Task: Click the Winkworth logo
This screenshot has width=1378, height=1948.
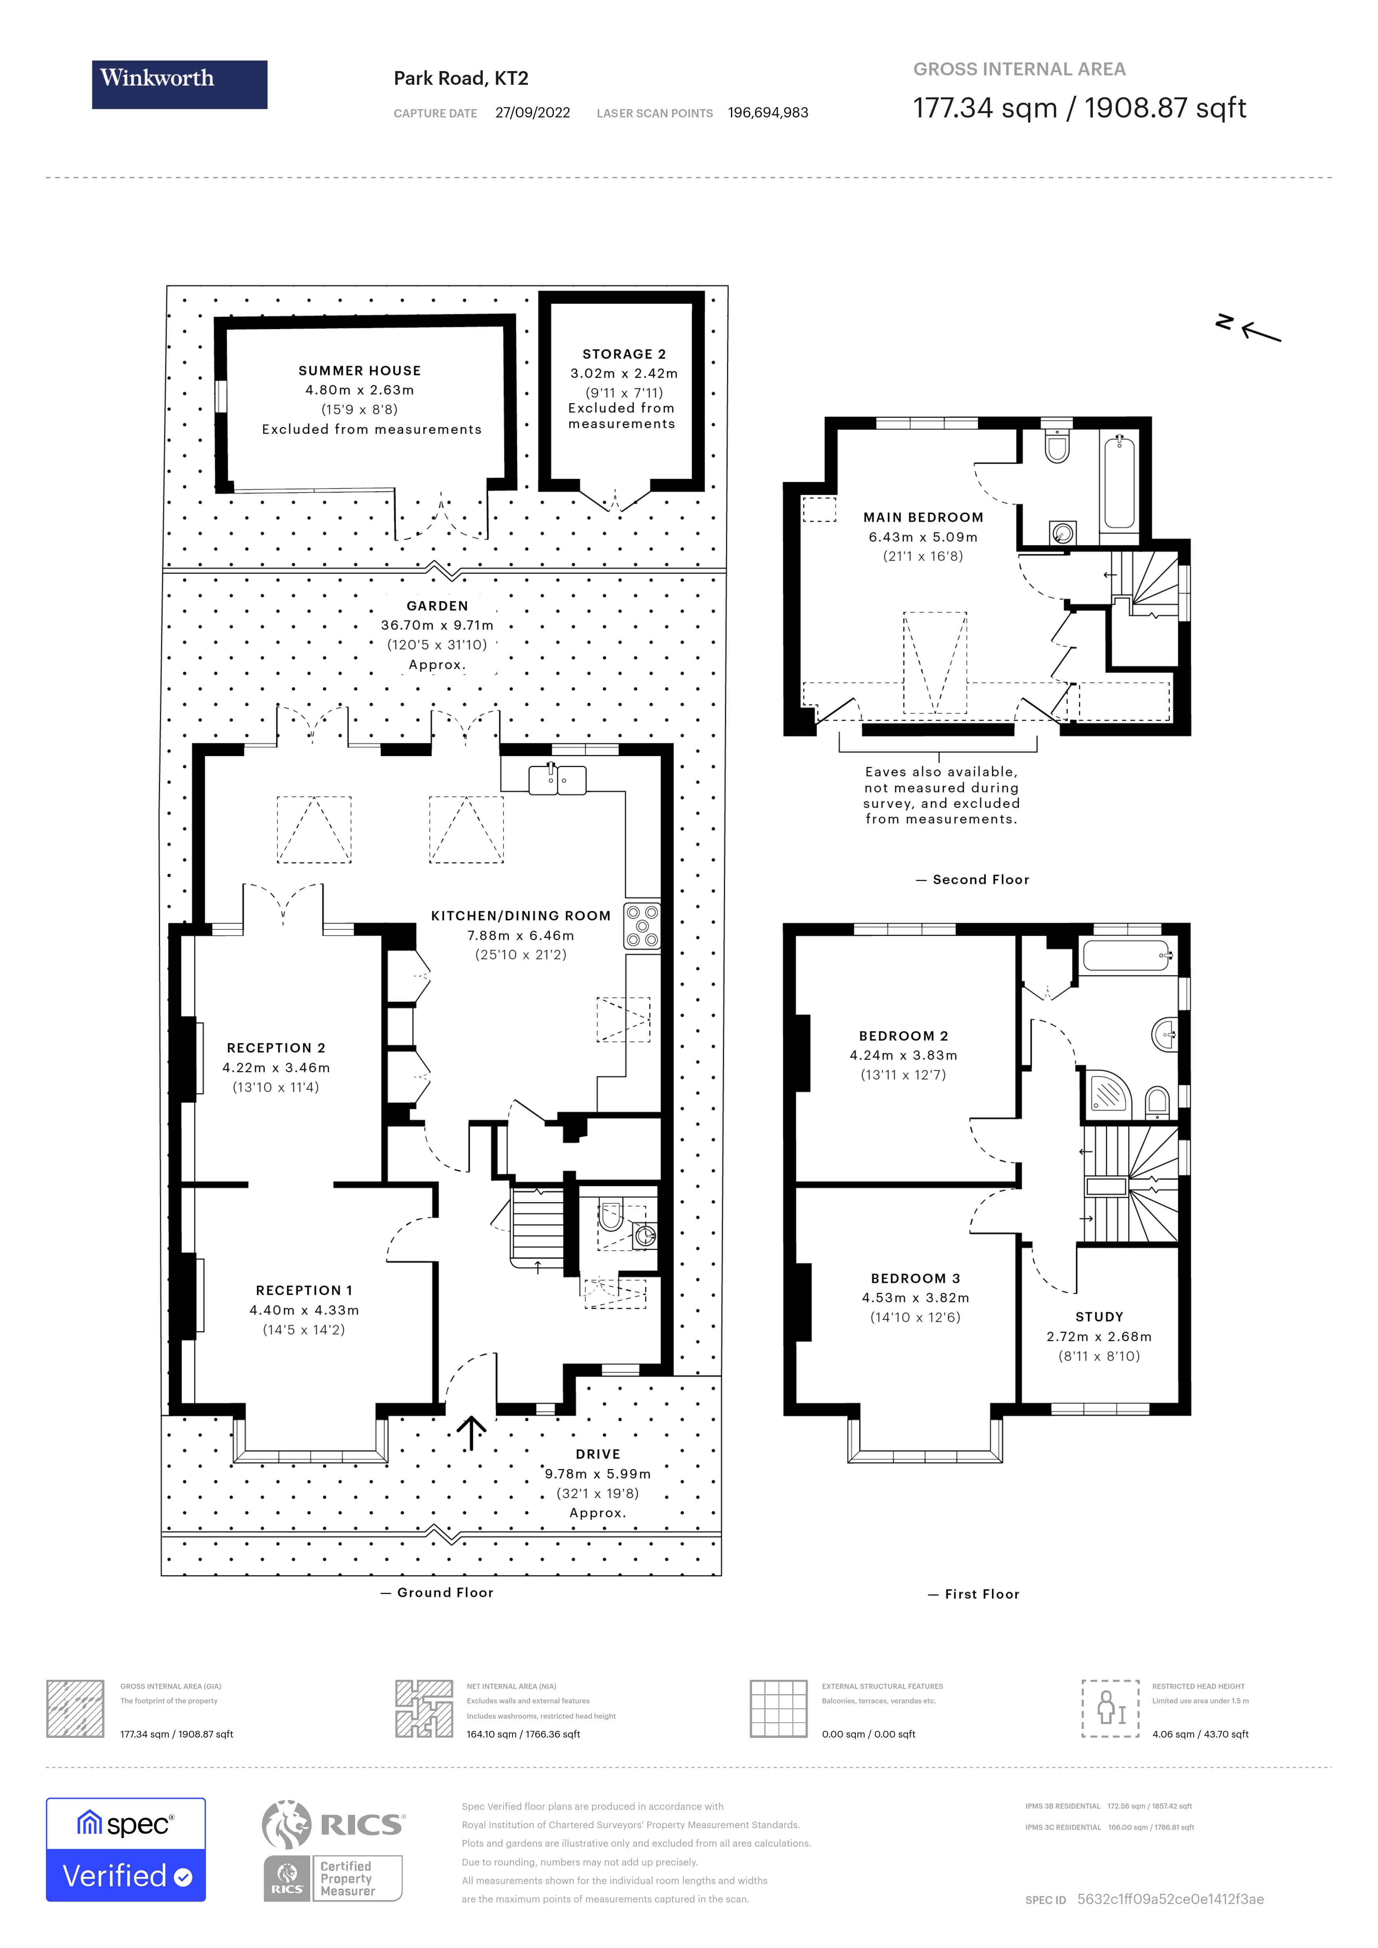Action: (179, 84)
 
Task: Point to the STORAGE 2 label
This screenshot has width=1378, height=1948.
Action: (624, 354)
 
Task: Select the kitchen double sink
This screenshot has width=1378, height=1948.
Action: (557, 779)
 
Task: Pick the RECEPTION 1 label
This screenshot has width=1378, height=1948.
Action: (304, 1290)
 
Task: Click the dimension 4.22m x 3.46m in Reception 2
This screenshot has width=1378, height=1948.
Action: (276, 1067)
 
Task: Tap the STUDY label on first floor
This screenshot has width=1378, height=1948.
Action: (1099, 1317)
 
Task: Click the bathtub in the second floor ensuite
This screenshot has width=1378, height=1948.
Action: (1119, 481)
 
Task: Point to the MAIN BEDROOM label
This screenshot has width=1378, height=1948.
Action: (923, 518)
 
